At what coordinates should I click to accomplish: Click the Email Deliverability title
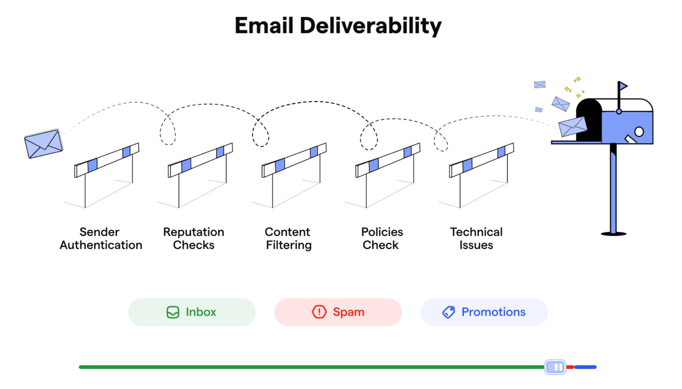(338, 26)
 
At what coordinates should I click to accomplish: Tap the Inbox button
(192, 312)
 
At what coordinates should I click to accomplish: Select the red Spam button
(338, 312)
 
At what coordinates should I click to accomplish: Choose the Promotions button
(484, 312)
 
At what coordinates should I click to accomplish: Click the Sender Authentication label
(101, 238)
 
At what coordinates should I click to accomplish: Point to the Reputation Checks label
(194, 238)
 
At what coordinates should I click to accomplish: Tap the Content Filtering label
(288, 238)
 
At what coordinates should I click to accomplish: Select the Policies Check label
(382, 238)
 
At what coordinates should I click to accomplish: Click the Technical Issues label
(476, 238)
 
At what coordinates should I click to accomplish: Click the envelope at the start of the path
(44, 144)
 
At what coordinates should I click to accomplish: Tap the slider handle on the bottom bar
(555, 367)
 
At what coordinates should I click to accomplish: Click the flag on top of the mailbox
(623, 86)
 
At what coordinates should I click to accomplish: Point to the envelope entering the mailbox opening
(572, 127)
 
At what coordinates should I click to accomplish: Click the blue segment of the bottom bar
(586, 367)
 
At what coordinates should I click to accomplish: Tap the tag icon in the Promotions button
(449, 312)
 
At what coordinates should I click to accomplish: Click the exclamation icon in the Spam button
(319, 312)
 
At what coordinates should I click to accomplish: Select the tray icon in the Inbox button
(173, 312)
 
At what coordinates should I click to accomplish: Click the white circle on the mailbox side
(639, 132)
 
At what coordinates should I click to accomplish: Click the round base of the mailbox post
(613, 234)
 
